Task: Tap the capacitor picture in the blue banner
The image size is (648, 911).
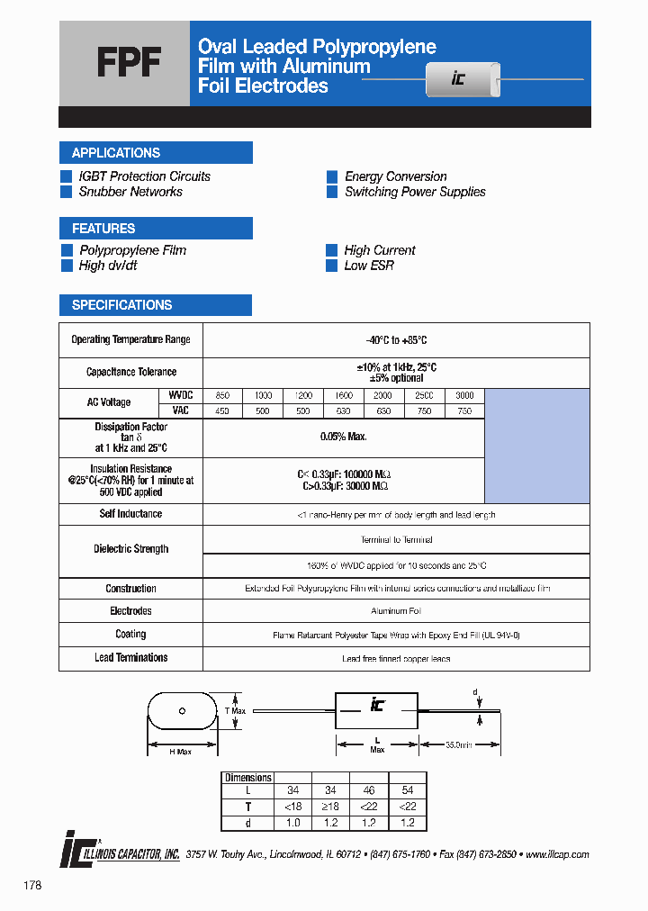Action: coord(461,78)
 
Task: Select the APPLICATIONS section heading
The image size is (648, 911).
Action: coord(116,153)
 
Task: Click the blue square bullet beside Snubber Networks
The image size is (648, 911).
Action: coord(66,192)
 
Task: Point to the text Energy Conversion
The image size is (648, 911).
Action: coord(395,176)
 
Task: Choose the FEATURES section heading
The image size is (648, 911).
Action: coord(103,229)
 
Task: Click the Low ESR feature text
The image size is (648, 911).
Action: coord(369,266)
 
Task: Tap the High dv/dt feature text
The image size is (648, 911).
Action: coord(109,266)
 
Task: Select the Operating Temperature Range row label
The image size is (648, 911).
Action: coord(130,339)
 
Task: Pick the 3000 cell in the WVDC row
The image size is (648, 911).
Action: coord(464,395)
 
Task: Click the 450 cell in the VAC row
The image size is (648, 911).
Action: coord(222,410)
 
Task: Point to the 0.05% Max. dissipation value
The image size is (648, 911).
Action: coord(344,436)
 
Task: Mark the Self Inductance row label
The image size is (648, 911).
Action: coord(130,514)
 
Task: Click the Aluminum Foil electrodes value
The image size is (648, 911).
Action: coord(396,611)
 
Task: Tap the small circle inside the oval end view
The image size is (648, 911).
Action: coord(182,712)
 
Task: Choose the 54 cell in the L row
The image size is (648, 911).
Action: coord(407,791)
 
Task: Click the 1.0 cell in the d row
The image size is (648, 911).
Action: coord(292,823)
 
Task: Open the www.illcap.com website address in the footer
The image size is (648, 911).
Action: coord(556,854)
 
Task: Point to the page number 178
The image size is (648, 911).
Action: coord(33,886)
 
